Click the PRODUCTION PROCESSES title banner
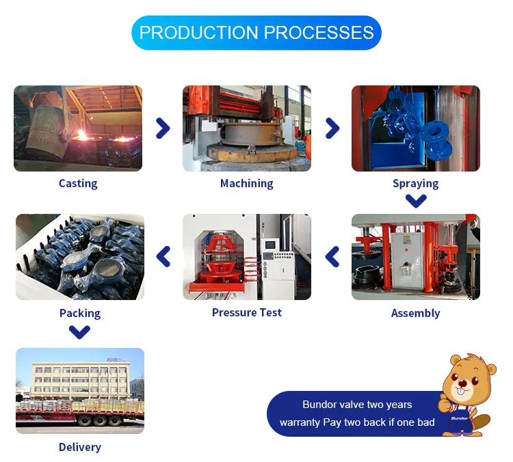click(256, 33)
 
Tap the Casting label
click(78, 183)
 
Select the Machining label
click(246, 183)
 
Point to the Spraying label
click(415, 183)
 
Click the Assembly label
click(415, 313)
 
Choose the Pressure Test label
click(246, 312)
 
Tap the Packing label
click(79, 313)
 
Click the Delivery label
click(79, 447)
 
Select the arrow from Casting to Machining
click(163, 128)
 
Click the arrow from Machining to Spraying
click(332, 128)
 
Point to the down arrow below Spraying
click(416, 201)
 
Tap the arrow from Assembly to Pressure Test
click(332, 257)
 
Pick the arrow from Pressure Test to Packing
click(163, 257)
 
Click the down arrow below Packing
click(80, 332)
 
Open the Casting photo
click(78, 128)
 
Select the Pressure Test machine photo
click(246, 257)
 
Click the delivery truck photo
click(80, 391)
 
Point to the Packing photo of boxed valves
click(80, 257)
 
